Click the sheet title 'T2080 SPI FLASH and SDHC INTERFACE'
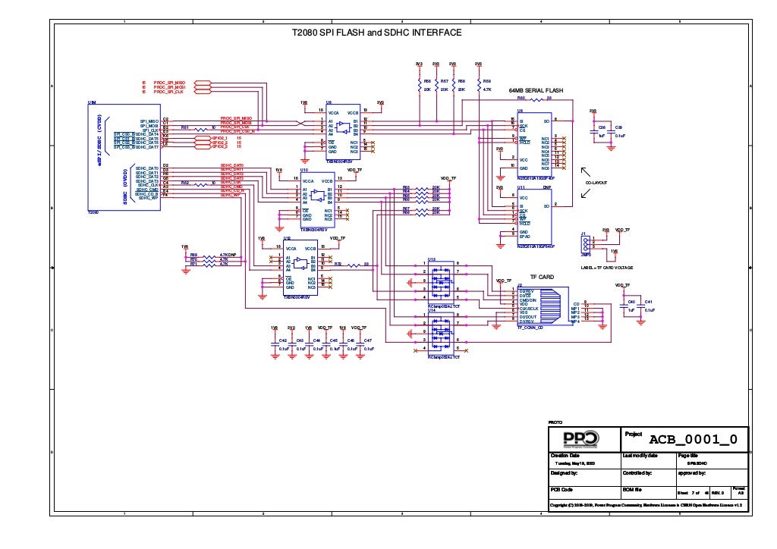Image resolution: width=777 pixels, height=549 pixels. point(377,33)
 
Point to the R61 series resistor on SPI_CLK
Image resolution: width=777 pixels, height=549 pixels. point(200,130)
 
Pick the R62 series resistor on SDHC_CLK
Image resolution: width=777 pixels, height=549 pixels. point(200,184)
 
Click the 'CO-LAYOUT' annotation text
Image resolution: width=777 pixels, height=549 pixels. point(596,183)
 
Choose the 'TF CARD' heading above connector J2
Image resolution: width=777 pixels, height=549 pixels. point(543,278)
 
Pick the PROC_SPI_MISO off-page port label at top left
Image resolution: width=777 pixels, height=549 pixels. point(169,82)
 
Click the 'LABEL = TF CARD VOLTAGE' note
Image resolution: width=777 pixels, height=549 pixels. point(606,268)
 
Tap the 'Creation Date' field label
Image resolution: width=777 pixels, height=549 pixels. point(565,455)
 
